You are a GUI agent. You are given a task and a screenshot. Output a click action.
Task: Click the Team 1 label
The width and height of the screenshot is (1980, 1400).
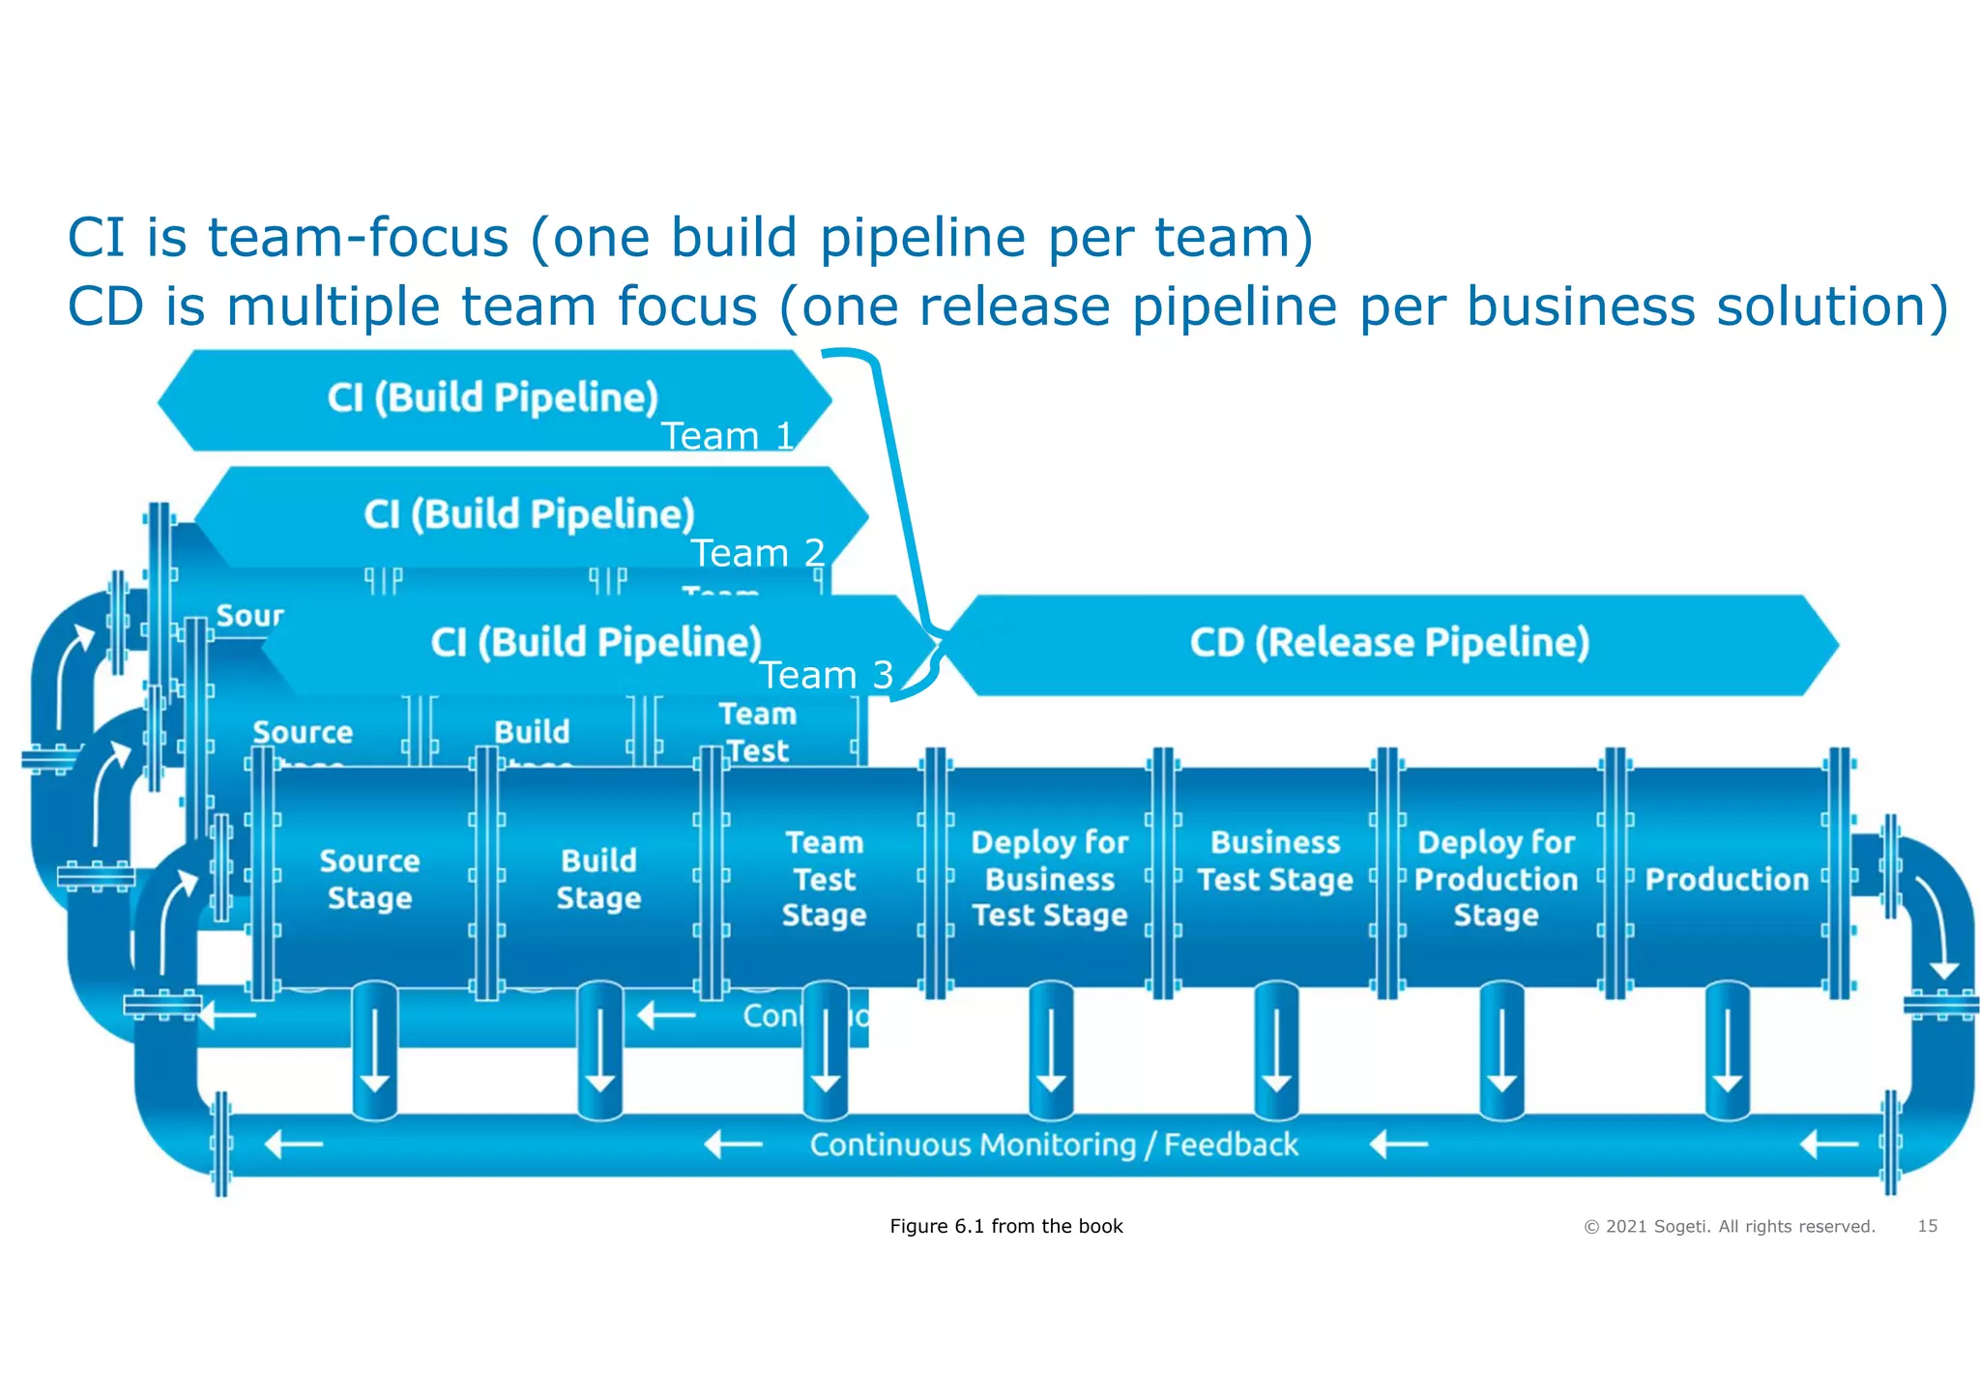tap(728, 436)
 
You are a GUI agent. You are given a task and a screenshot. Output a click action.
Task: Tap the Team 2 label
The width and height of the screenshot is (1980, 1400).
tap(758, 553)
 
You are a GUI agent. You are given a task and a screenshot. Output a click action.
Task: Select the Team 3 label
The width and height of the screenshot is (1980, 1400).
tap(827, 675)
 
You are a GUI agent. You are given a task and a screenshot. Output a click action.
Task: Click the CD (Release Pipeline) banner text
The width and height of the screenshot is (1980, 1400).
tap(1389, 643)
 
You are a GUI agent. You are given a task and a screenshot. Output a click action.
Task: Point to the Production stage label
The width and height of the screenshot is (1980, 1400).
tap(1727, 879)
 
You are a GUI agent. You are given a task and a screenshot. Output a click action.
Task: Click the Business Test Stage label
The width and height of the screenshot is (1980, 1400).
tap(1275, 860)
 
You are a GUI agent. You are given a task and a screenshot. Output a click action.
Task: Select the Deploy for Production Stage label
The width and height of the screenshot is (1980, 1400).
tap(1496, 878)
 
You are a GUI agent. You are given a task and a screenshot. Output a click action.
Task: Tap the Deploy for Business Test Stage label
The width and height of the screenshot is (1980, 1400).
tap(1050, 878)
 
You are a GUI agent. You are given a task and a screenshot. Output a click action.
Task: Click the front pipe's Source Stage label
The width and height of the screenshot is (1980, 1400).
tap(369, 879)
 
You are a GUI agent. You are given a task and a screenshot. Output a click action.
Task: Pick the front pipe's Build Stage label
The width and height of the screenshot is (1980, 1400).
tap(598, 879)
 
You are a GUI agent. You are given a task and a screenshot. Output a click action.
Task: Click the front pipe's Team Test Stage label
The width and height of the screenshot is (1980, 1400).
tap(825, 878)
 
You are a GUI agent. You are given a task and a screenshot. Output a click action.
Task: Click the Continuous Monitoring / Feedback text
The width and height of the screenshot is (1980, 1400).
tap(1054, 1145)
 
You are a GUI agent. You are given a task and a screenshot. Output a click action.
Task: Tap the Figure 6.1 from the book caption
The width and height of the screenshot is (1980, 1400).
tap(1005, 1226)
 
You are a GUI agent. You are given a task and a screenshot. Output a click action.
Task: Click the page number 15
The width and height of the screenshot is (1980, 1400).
tap(1927, 1226)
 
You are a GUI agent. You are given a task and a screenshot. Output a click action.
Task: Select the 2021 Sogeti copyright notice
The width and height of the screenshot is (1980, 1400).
tap(1729, 1227)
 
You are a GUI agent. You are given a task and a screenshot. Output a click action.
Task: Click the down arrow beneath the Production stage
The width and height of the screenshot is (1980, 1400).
tap(1727, 1054)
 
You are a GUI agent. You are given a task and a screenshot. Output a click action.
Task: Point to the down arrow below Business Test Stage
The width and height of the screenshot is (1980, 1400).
tap(1276, 1054)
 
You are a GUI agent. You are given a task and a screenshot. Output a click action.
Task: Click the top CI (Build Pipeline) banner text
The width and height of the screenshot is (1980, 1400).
tap(493, 398)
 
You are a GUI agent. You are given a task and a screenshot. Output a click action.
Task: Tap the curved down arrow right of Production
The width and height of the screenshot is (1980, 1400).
tap(1934, 928)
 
